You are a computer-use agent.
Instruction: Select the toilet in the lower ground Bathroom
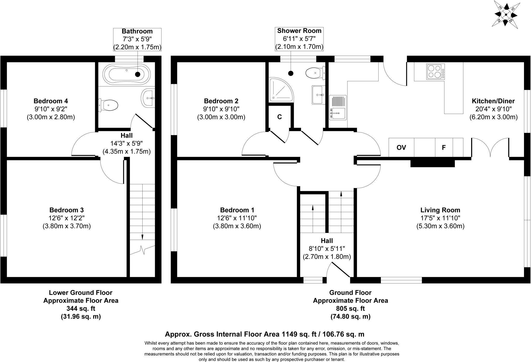tap(109, 105)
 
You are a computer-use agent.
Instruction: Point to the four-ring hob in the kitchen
tap(435, 71)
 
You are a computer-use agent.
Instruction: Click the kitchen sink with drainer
tap(338, 108)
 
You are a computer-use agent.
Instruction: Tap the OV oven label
tap(401, 148)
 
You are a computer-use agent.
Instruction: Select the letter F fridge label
tap(444, 148)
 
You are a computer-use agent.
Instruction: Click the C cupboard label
tap(280, 117)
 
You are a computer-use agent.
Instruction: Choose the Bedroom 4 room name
tap(51, 101)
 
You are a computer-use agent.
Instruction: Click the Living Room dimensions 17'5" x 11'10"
tap(440, 218)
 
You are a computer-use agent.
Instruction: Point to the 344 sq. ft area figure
tap(81, 309)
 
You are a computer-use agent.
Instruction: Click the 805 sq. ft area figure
tap(350, 309)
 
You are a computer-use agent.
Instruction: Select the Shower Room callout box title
tap(299, 31)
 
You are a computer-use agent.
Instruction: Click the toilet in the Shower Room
tap(315, 73)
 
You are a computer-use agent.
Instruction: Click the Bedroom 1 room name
tap(237, 210)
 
